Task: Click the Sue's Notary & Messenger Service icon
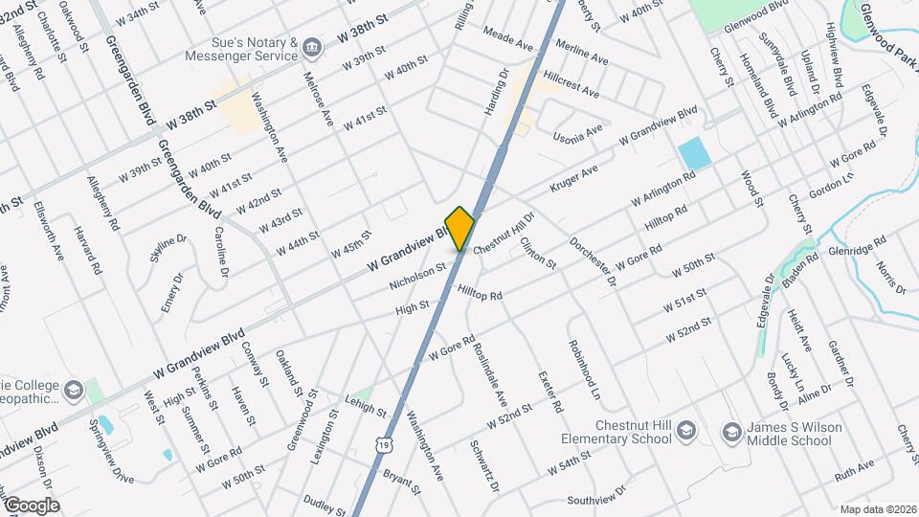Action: (x=311, y=47)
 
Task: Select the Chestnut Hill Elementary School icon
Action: (x=684, y=433)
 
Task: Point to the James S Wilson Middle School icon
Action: (x=730, y=433)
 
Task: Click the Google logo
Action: (x=31, y=506)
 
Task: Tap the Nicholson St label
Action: (x=418, y=276)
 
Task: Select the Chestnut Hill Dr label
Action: (x=503, y=233)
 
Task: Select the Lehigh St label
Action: (x=365, y=407)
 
